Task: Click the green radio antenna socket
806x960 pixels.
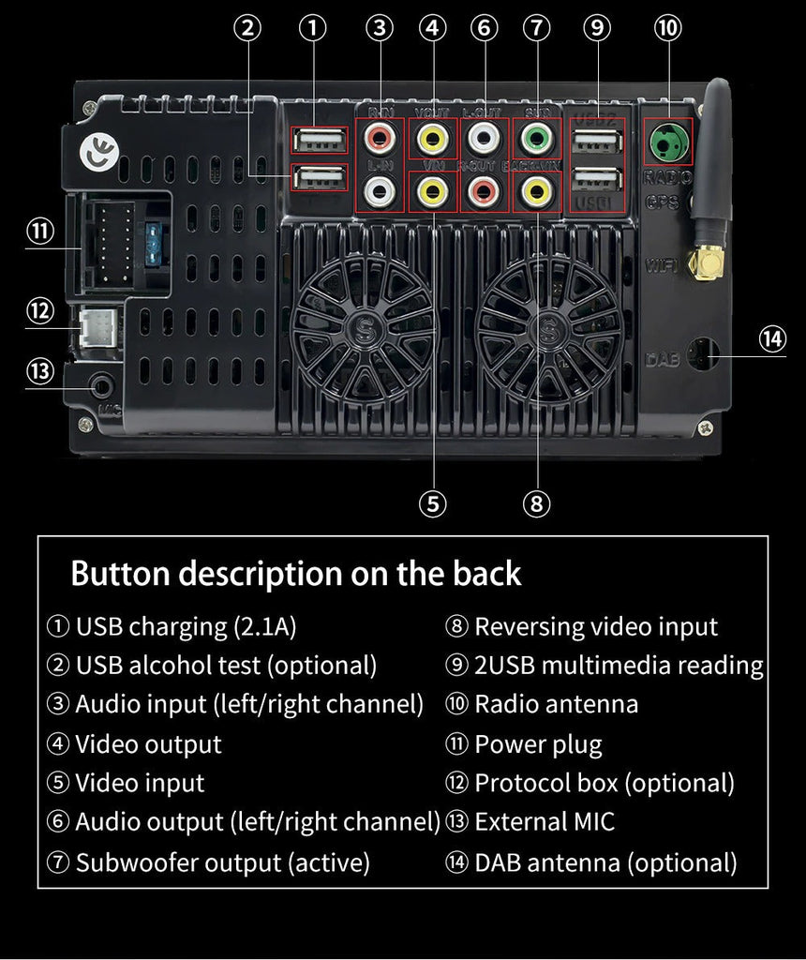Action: pyautogui.click(x=667, y=142)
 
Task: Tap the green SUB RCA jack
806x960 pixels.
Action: pyautogui.click(x=536, y=139)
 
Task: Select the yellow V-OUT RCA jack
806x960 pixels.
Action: pyautogui.click(x=432, y=139)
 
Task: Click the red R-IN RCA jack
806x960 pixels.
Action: pyautogui.click(x=380, y=139)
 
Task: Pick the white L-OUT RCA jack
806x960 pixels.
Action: pyautogui.click(x=484, y=139)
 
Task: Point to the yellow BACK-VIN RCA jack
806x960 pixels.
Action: pyautogui.click(x=536, y=191)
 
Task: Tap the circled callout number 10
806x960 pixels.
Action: pyautogui.click(x=667, y=28)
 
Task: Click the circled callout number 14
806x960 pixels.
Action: pyautogui.click(x=772, y=338)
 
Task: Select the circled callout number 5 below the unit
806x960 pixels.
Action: pyautogui.click(x=432, y=503)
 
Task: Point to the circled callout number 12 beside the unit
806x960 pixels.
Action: pyautogui.click(x=39, y=309)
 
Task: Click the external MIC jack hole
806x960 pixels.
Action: pyautogui.click(x=101, y=384)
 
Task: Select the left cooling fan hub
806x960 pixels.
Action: pyautogui.click(x=364, y=330)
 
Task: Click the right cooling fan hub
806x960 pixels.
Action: pyautogui.click(x=548, y=330)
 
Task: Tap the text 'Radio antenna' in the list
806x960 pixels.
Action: pyautogui.click(x=556, y=704)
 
